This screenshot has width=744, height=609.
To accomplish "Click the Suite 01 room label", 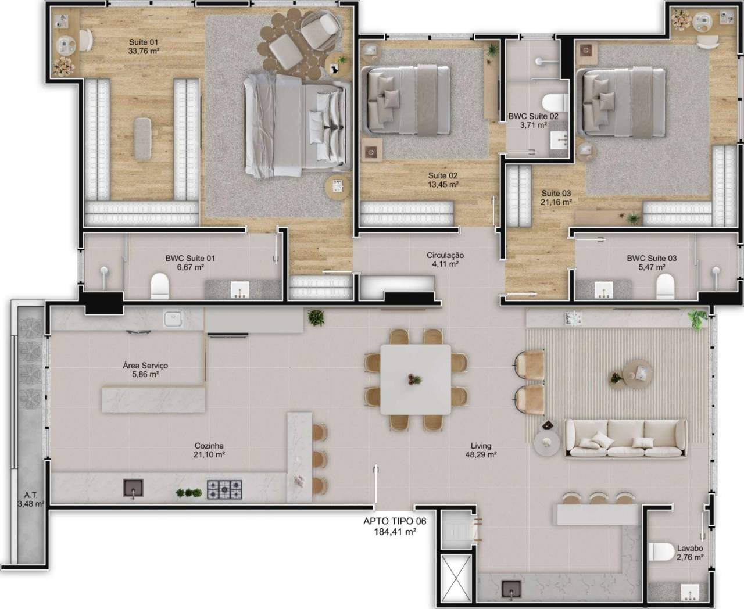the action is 144,42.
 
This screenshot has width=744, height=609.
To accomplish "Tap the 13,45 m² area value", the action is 443,184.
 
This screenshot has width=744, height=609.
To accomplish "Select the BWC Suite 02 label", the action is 533,116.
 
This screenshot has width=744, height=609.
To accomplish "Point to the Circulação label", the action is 445,255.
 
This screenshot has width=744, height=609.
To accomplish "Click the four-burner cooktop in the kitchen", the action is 224,489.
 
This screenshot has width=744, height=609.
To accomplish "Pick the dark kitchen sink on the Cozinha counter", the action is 133,488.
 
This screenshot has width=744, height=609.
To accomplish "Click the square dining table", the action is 415,379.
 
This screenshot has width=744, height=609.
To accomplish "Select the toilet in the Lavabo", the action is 661,552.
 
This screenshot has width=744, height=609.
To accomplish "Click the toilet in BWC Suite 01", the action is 160,286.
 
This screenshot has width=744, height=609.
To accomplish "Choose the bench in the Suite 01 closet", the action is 142,139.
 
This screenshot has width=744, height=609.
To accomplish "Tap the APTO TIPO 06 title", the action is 395,521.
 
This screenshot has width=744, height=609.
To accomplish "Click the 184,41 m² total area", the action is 395,531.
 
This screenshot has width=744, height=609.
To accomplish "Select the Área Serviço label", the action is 145,366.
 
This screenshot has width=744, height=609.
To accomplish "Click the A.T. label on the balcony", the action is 31,495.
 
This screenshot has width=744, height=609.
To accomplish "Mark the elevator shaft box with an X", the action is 456,578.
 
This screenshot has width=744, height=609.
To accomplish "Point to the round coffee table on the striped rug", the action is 638,374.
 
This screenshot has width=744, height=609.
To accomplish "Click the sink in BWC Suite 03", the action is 603,290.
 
